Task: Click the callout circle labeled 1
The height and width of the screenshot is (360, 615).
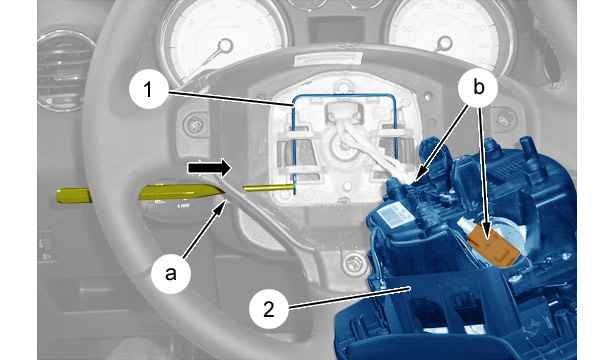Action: point(149,90)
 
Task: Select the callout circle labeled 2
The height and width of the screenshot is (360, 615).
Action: point(269,309)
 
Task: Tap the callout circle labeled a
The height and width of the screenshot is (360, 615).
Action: point(171,273)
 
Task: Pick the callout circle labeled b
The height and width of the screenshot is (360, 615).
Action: point(479,87)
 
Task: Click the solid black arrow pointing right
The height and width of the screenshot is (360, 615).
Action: point(209,168)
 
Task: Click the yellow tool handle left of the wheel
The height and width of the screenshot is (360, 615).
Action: point(73,196)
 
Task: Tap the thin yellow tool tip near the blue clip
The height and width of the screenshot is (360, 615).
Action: point(268,188)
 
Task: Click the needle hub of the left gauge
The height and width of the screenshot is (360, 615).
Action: point(225,45)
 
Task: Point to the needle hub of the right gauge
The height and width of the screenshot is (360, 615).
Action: point(444,42)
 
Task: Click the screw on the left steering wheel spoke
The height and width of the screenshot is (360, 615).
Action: point(194,125)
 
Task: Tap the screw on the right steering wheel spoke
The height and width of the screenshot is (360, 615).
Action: point(505,118)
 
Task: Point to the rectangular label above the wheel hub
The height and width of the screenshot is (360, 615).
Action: point(328,60)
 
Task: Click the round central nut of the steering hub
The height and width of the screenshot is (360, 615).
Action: point(342,147)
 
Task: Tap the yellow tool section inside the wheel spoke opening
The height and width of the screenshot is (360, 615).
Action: point(178,193)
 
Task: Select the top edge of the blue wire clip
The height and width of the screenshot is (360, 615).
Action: point(343,95)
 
